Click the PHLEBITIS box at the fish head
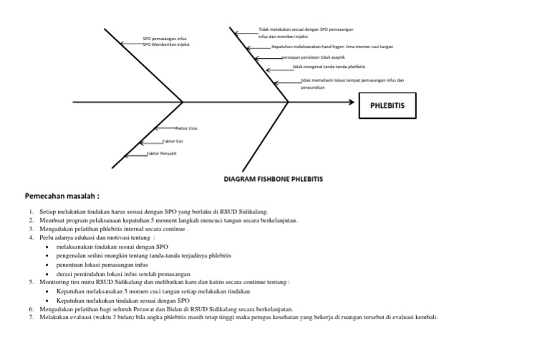(387, 105)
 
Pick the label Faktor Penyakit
(162, 153)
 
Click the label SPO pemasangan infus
(165, 39)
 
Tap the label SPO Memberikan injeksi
(166, 44)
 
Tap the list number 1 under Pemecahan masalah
(31, 213)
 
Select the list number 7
(31, 317)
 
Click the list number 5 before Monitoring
(31, 283)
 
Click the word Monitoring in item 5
(56, 283)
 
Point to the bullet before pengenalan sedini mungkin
(47, 256)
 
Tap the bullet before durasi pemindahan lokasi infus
(47, 273)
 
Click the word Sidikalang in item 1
(250, 213)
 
